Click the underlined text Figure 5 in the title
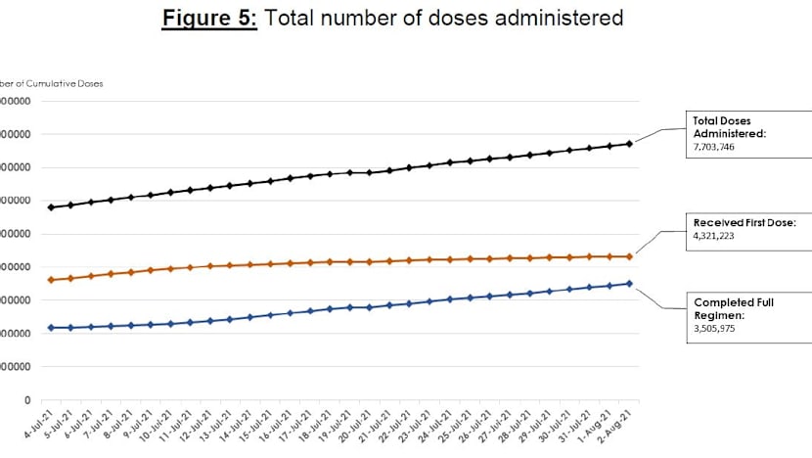(208, 19)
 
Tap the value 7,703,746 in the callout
(714, 147)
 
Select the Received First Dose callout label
(744, 223)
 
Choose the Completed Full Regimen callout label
(733, 309)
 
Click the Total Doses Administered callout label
(730, 127)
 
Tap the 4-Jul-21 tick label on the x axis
(37, 428)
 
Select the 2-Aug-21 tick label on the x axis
(621, 428)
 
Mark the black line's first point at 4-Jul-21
(50, 207)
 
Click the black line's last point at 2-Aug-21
(630, 144)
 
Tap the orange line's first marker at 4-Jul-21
(50, 280)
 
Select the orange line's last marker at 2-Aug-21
(630, 256)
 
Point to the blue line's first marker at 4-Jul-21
(50, 327)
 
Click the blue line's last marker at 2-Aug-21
(630, 284)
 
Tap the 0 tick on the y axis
(26, 400)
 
